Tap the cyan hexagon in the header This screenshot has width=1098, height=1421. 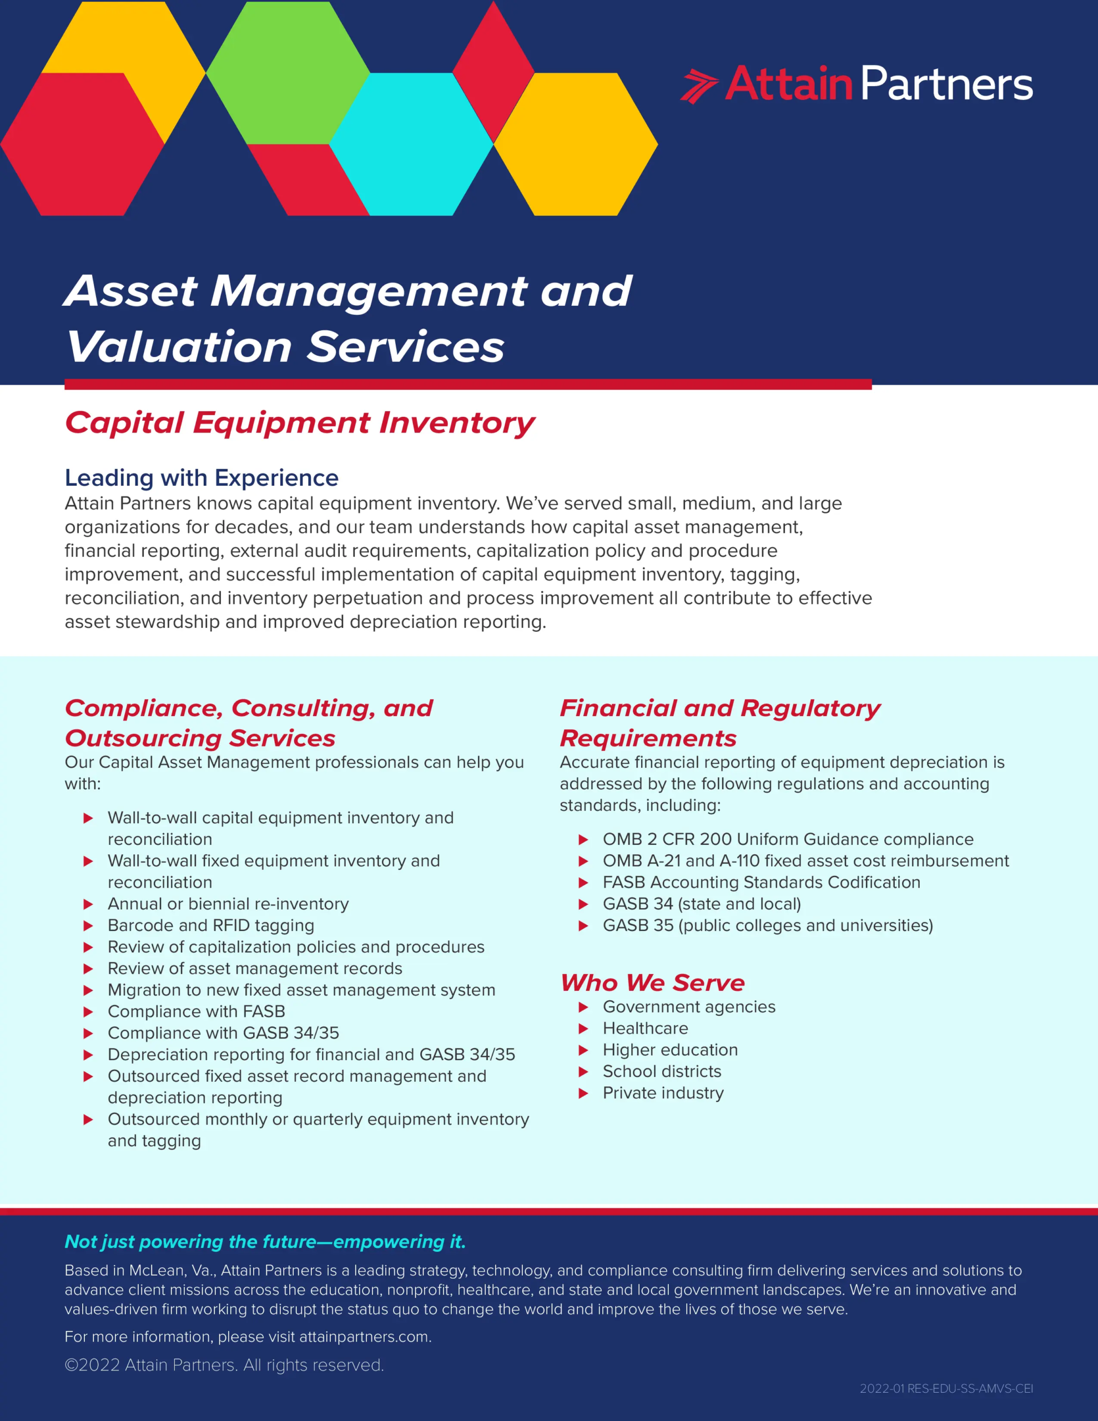click(x=411, y=144)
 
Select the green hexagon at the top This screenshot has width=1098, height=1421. click(x=288, y=73)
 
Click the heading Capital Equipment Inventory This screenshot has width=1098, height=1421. click(x=299, y=423)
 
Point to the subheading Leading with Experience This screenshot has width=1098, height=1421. click(x=201, y=477)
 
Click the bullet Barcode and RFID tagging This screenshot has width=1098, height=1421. click(x=210, y=925)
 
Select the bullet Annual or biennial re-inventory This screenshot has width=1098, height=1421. click(x=228, y=904)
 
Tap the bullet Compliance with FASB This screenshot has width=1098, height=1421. click(x=196, y=1011)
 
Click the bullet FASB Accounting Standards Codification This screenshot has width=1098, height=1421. click(x=761, y=882)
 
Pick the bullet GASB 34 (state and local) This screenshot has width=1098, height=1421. click(x=701, y=904)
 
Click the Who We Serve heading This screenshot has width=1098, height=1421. click(x=652, y=982)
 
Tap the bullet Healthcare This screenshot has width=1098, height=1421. click(x=645, y=1028)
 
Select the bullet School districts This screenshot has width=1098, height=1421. click(x=661, y=1071)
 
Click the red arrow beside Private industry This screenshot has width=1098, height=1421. click(x=583, y=1093)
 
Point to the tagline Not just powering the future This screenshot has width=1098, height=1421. click(x=265, y=1241)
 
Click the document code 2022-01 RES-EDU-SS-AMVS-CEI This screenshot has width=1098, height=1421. click(x=946, y=1388)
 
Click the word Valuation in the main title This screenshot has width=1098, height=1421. click(x=179, y=347)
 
